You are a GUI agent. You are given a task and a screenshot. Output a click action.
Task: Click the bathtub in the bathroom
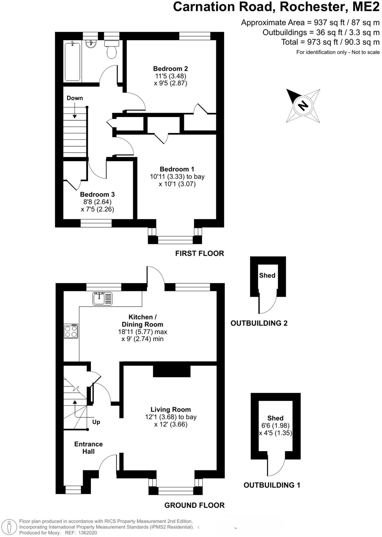click(72, 62)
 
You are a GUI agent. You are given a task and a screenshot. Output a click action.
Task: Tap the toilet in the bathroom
click(112, 50)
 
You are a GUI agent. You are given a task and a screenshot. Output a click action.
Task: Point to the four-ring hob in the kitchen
click(71, 331)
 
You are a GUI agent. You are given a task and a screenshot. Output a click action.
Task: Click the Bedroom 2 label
click(171, 69)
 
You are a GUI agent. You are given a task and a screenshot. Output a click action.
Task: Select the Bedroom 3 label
click(97, 194)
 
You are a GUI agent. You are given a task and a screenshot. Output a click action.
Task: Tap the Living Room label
click(171, 409)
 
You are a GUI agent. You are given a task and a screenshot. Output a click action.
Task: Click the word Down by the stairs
click(75, 98)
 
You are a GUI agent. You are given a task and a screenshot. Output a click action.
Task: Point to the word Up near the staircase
click(96, 422)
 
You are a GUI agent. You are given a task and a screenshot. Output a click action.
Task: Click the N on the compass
click(303, 105)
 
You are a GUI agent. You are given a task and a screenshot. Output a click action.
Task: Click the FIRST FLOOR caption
click(200, 253)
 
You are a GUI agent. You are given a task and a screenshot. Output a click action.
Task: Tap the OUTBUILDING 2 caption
click(259, 323)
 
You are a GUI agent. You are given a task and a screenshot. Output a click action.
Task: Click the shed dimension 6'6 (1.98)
click(275, 425)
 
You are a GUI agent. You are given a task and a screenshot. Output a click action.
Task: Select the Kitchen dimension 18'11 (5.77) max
click(142, 332)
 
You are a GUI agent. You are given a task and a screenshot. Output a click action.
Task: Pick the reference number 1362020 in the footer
click(87, 533)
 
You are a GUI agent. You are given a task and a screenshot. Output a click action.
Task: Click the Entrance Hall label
click(88, 448)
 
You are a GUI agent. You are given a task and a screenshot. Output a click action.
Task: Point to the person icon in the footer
click(9, 527)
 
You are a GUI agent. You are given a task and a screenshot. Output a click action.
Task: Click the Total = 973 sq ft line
click(330, 42)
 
